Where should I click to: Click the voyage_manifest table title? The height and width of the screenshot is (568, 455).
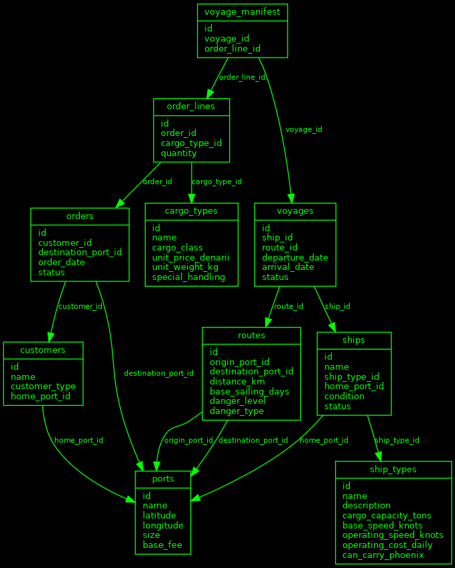(243, 13)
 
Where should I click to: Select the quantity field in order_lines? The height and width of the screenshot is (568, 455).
(178, 153)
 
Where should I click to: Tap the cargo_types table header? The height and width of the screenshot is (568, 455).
(192, 212)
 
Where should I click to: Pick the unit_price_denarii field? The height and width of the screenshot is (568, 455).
(190, 257)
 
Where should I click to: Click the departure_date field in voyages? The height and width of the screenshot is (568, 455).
(295, 257)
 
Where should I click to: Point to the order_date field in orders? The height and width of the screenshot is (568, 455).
(62, 263)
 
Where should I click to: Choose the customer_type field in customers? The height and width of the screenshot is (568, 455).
(43, 386)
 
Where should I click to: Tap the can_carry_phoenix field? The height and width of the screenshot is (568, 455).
(383, 555)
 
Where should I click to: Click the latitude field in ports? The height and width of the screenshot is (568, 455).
(159, 516)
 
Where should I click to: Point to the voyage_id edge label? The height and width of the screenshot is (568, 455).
(304, 129)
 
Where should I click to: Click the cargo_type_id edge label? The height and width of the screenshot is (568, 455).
(216, 182)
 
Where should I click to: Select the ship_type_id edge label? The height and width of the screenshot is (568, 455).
(397, 440)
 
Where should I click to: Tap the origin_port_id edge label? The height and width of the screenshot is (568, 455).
(188, 440)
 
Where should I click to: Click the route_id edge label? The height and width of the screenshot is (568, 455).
(289, 306)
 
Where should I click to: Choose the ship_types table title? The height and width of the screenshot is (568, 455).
(393, 470)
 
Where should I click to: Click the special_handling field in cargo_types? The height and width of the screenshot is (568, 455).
(188, 277)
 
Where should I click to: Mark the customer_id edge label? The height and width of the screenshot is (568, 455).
(80, 306)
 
